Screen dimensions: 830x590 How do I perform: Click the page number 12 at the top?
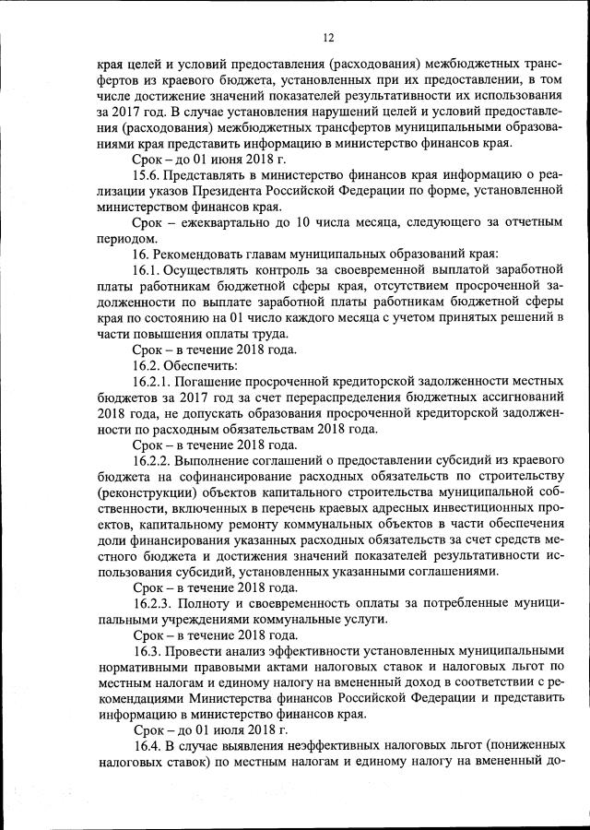pos(328,37)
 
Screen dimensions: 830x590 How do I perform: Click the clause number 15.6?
pos(149,173)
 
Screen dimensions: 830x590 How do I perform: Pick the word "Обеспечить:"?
pos(205,366)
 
